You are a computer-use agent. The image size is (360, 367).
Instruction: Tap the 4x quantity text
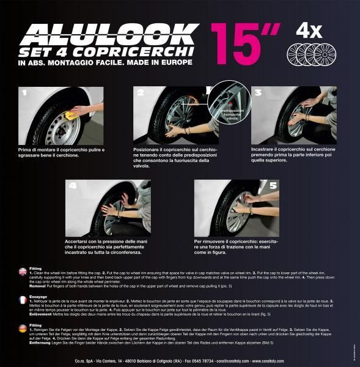pos(310,31)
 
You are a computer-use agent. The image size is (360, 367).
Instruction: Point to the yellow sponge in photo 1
pos(72,114)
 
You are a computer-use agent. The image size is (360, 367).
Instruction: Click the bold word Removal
pos(40,286)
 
